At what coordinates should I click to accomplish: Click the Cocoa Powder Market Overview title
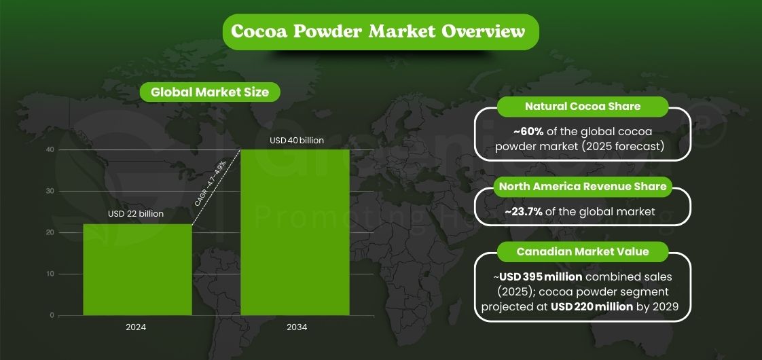pos(380,32)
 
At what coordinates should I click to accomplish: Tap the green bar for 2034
pos(295,232)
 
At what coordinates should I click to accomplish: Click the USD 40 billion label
pos(297,141)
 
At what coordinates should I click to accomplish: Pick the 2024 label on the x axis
pos(136,327)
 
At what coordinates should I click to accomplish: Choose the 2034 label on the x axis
pos(297,327)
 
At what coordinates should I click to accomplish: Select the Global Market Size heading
pos(209,92)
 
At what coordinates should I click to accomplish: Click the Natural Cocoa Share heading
pos(583,107)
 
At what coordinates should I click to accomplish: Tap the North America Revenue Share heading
pos(583,186)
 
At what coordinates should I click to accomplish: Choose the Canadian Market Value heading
pos(583,251)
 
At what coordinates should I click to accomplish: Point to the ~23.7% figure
pos(524,211)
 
